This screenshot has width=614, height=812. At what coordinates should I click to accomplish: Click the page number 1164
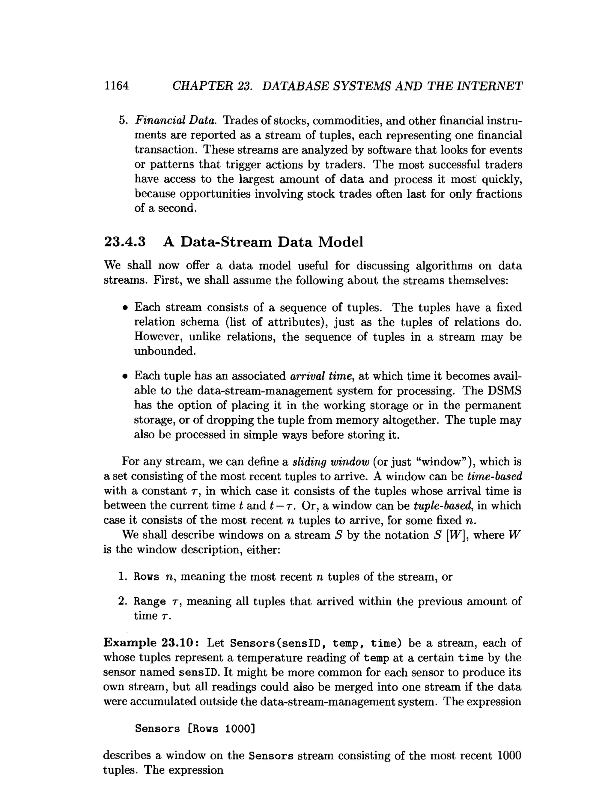(116, 86)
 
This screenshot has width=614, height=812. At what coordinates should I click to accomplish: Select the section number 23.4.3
(125, 242)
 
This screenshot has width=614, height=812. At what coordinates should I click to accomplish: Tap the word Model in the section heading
(340, 242)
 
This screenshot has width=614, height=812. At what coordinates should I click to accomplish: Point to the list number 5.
(123, 121)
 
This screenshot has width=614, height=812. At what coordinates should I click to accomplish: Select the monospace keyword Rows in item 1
(146, 577)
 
